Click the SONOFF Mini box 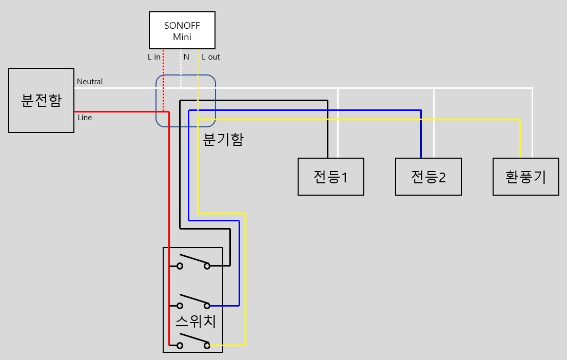coord(182,30)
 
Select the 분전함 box coord(41,101)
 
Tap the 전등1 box coord(331,177)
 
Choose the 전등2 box coord(428,177)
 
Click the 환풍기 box coord(525,177)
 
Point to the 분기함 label coord(223,140)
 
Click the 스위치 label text coord(195,322)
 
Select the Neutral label coord(90,82)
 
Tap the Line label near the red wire coord(85,118)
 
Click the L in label coord(154,57)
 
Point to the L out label coord(211,57)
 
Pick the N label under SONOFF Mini coord(186,57)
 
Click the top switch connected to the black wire coord(193,262)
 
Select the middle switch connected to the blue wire coord(193,301)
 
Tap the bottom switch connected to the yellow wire coord(193,342)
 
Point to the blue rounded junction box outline coord(156,101)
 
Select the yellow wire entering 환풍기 coord(520,139)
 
